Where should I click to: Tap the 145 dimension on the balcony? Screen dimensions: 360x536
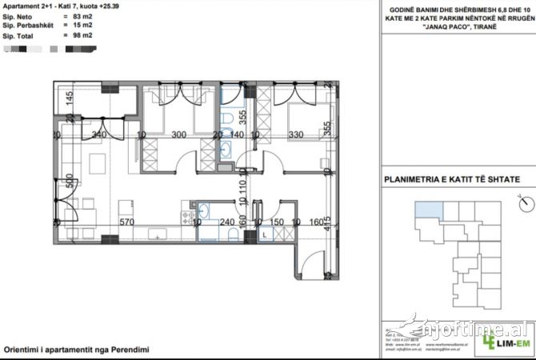point(70,100)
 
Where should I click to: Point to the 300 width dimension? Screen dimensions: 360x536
point(178,135)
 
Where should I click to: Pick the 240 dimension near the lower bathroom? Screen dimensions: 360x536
point(228,222)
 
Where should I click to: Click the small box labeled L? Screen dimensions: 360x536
point(265,235)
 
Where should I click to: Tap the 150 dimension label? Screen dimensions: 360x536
point(276,222)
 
